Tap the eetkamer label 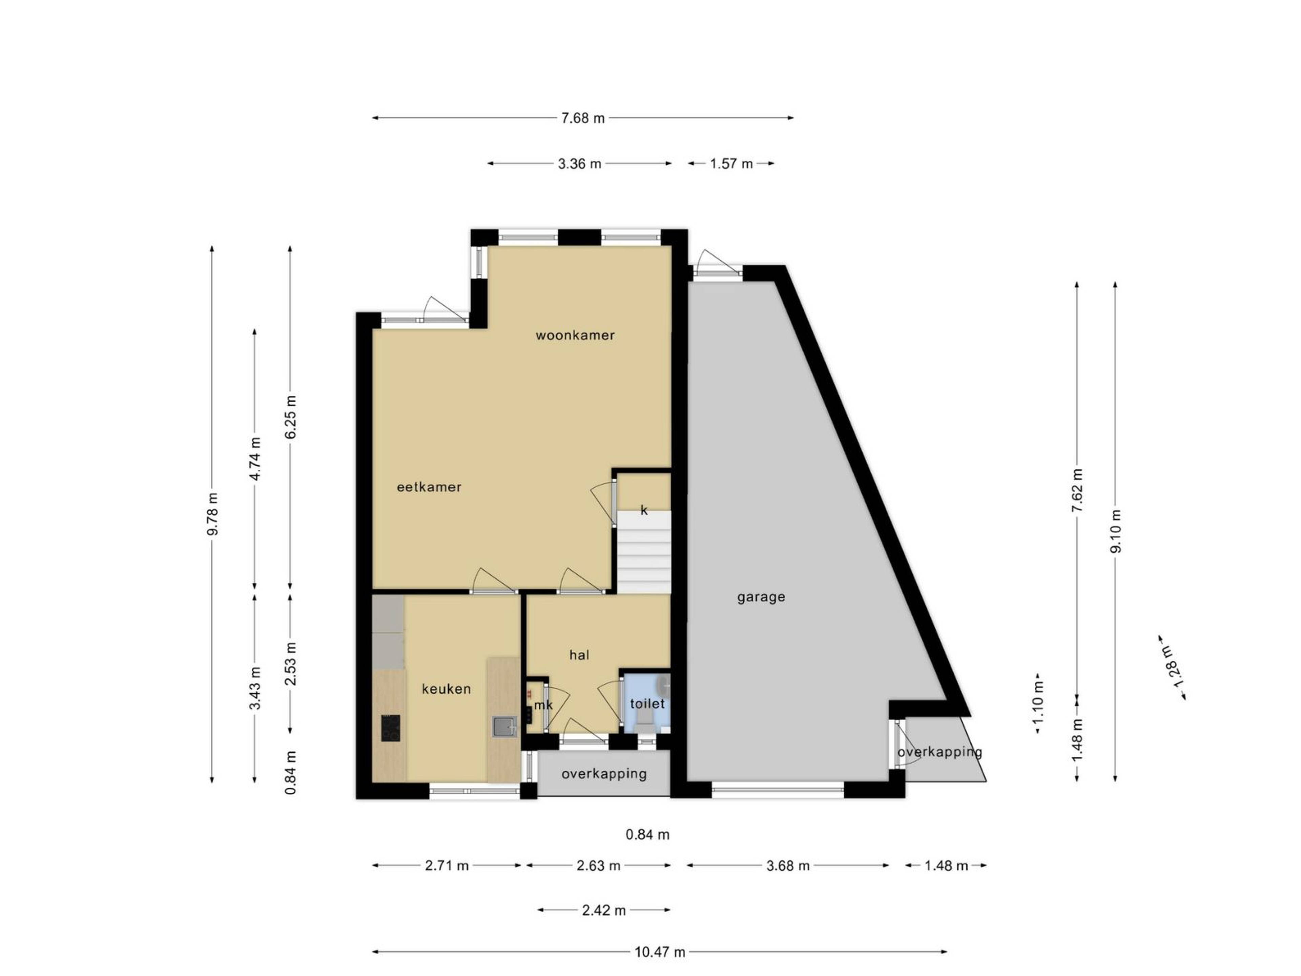coord(429,487)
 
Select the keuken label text coord(447,689)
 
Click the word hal coord(579,655)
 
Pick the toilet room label coord(647,704)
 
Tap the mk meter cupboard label coord(543,705)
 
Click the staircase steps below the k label coord(643,552)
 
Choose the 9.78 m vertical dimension coord(213,514)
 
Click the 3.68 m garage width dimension coord(788,866)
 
